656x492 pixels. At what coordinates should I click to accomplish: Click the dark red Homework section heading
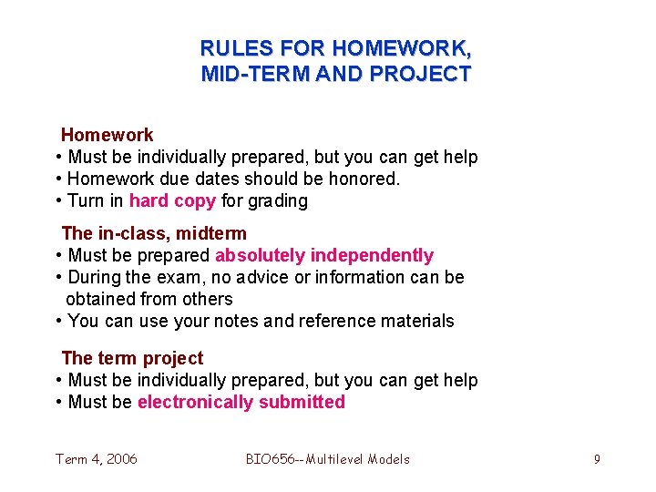coord(107,135)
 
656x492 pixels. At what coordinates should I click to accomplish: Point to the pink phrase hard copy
coord(172,200)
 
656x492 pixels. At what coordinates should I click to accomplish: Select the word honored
coord(366,179)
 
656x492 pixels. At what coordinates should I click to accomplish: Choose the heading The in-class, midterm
coord(153,234)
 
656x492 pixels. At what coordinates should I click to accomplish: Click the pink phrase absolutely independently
coord(324,256)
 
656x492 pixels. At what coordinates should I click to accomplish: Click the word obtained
coord(101,299)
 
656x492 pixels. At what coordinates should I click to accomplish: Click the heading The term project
coord(132,358)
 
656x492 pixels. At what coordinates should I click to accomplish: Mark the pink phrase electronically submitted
coord(241,402)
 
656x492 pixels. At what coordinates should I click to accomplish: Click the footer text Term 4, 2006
coord(97,459)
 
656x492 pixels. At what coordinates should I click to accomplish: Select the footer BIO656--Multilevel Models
coord(328,459)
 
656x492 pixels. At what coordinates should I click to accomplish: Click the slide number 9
coord(597,459)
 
